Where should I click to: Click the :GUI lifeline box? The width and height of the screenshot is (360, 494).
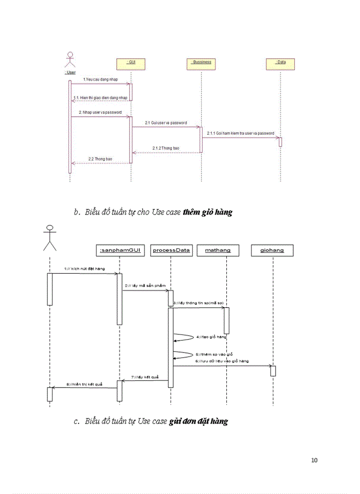[131, 63]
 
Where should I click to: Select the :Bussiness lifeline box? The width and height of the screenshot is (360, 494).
[201, 63]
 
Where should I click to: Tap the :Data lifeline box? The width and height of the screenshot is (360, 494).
[280, 63]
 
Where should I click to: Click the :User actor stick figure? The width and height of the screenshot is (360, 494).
[70, 60]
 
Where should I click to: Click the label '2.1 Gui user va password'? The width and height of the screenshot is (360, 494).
[166, 123]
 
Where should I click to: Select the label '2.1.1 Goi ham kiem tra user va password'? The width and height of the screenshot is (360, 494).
[241, 133]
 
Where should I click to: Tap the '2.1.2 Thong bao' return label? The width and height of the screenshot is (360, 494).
[166, 148]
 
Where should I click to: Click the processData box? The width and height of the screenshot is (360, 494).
[172, 251]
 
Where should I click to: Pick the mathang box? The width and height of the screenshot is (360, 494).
[218, 251]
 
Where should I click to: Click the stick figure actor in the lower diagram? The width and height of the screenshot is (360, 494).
[49, 238]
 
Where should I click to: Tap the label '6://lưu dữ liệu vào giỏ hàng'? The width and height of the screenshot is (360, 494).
[222, 361]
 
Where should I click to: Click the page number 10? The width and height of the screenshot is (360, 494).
[314, 460]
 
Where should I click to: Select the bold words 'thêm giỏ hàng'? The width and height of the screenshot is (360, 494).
[207, 211]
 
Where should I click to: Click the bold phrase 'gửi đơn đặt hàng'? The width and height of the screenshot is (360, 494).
[198, 421]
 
